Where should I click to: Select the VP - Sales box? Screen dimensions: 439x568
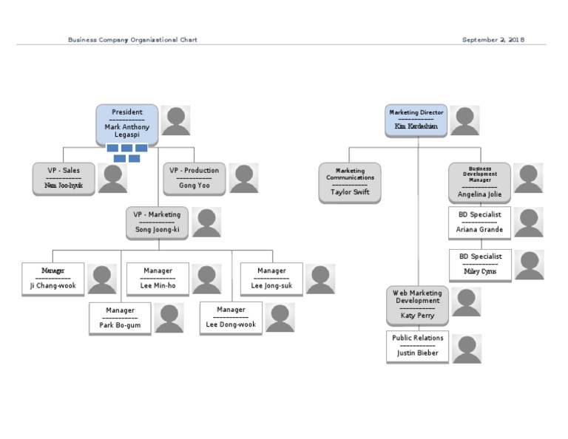click(64, 179)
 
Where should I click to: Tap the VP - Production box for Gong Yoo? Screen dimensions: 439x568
click(194, 179)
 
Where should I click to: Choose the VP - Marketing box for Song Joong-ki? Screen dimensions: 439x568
click(157, 222)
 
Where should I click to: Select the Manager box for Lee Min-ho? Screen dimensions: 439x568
click(158, 279)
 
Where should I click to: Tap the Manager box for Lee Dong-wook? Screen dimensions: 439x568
click(231, 319)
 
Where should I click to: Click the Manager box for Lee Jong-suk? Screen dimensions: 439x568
click(271, 279)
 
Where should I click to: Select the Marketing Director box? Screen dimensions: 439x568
click(416, 120)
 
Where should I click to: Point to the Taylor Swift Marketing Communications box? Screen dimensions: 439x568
click(350, 182)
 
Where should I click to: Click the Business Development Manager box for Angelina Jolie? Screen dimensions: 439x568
click(479, 182)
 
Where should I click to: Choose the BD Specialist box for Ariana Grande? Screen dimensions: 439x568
click(479, 222)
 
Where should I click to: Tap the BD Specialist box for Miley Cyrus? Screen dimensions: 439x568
click(479, 265)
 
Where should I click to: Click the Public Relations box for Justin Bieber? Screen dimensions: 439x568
click(417, 346)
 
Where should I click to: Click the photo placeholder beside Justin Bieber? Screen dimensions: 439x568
click(467, 349)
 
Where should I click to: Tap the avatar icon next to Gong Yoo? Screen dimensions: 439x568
click(243, 179)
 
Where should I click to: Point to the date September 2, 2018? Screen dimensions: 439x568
click(493, 40)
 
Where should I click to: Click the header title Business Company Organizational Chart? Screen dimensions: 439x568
click(132, 40)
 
